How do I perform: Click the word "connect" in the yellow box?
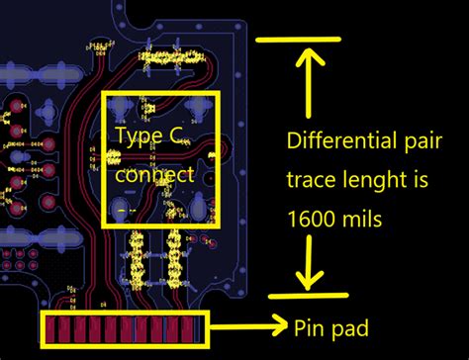(x=155, y=175)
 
